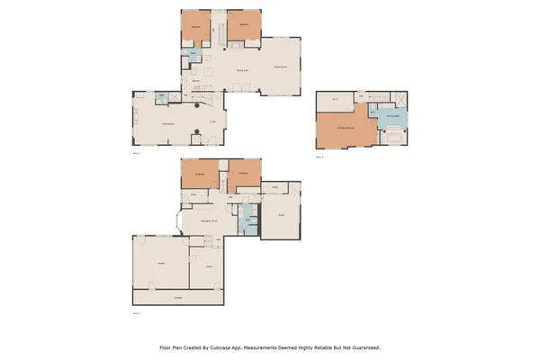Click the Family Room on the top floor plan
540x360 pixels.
point(281,67)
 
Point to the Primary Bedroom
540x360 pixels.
point(345,129)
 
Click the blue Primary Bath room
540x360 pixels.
point(392,117)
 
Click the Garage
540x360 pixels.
point(160,263)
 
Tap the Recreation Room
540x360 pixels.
point(210,220)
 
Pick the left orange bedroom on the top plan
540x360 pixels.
point(197,26)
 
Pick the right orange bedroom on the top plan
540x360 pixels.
point(244,26)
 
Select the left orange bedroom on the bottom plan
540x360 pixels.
point(201,174)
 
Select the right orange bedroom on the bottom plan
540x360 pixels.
point(243,174)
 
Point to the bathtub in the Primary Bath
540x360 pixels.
point(392,137)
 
